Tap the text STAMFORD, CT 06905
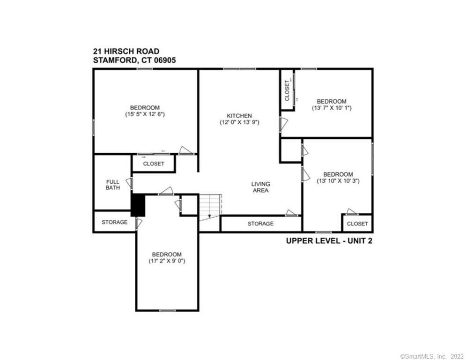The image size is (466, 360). click(134, 60)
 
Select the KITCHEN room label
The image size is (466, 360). click(239, 116)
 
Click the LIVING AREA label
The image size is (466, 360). click(260, 187)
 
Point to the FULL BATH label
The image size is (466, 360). click(113, 185)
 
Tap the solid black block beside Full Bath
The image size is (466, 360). click(138, 205)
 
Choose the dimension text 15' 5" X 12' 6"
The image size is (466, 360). click(145, 114)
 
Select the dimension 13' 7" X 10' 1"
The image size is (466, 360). click(332, 108)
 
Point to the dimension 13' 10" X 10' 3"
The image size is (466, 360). click(338, 180)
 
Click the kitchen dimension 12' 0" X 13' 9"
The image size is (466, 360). click(239, 122)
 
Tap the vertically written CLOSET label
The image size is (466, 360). click(287, 90)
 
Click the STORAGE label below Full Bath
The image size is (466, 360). click(114, 222)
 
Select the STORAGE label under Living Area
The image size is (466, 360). click(260, 224)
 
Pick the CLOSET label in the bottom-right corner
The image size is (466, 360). click(357, 224)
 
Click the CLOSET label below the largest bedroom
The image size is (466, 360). click(154, 164)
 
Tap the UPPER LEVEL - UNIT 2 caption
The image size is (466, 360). click(329, 241)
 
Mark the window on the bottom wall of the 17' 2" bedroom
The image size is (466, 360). click(167, 310)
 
